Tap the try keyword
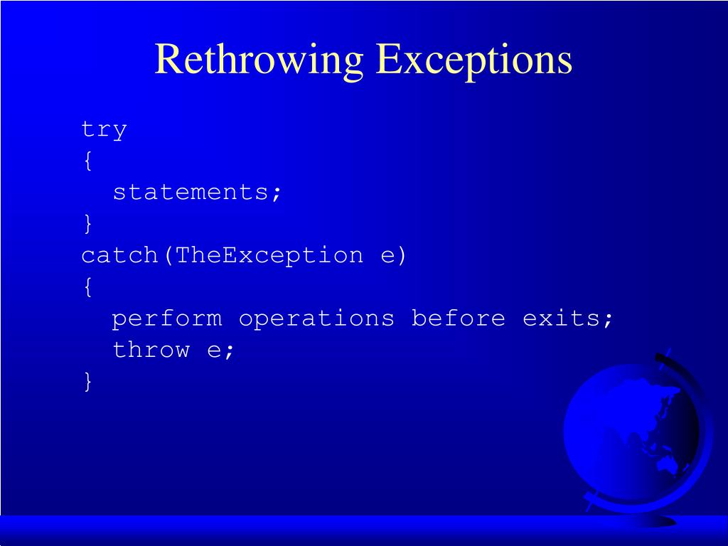[x=104, y=130]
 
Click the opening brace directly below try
[x=87, y=161]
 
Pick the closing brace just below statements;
[x=87, y=224]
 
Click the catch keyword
[x=119, y=255]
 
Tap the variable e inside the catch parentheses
[x=387, y=255]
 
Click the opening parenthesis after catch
[x=168, y=255]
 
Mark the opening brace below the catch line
[x=87, y=287]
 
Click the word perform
[x=166, y=318]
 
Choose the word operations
[x=316, y=318]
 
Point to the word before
[x=458, y=318]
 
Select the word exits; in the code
[x=567, y=318]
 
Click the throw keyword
[x=151, y=350]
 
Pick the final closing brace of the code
[x=87, y=381]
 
